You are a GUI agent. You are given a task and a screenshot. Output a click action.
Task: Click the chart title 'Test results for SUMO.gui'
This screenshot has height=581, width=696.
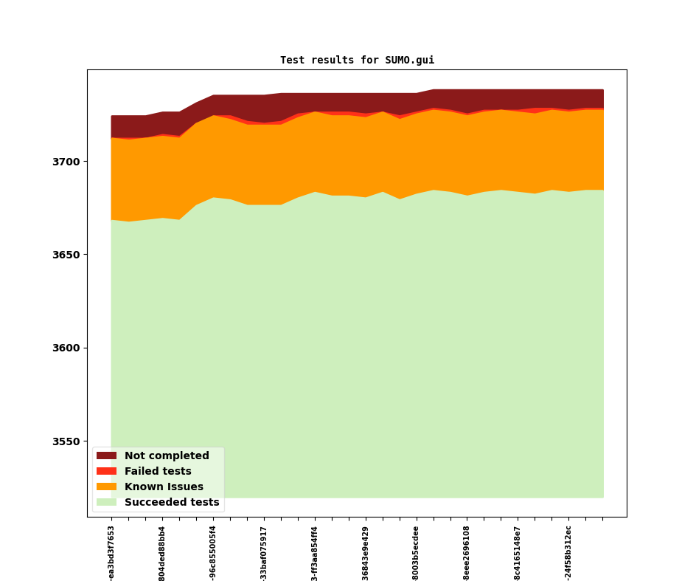click(357, 61)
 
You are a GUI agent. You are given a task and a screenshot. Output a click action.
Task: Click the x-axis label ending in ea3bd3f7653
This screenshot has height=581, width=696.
click(111, 553)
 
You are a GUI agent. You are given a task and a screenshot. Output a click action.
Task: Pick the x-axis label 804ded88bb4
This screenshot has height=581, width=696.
click(162, 553)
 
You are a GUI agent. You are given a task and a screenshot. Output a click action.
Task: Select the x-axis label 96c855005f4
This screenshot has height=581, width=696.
click(213, 553)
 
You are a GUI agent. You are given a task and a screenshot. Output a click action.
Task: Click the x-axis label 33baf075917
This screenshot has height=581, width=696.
click(264, 553)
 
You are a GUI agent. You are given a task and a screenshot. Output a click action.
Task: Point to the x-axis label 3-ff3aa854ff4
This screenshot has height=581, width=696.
click(315, 553)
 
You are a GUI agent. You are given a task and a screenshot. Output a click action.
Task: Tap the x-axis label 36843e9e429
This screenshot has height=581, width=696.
click(366, 553)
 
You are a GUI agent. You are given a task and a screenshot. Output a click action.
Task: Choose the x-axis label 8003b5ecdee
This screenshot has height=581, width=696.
click(416, 553)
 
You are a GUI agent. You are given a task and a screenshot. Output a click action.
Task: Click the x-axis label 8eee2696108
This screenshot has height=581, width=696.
click(467, 553)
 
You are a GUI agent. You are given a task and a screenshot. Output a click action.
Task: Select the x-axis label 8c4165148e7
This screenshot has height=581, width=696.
click(518, 553)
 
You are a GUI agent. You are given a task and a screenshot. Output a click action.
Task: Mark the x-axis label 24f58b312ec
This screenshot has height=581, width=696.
click(568, 553)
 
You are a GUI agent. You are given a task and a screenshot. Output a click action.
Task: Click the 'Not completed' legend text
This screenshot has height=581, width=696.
click(167, 456)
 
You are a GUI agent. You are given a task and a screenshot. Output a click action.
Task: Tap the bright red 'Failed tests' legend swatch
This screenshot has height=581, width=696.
click(106, 471)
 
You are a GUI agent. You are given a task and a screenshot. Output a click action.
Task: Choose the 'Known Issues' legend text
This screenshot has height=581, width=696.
click(164, 487)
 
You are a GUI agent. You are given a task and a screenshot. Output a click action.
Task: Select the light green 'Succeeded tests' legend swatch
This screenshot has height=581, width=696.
click(106, 502)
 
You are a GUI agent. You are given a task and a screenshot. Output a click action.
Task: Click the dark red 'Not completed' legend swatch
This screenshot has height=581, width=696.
click(106, 456)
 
